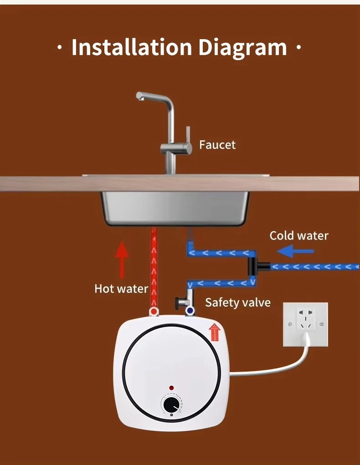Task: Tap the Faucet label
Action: (217, 145)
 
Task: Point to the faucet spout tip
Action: (139, 97)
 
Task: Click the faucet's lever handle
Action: (188, 135)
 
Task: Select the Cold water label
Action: (299, 236)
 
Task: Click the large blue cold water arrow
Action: (296, 251)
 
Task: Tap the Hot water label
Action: (121, 289)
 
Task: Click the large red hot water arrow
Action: (122, 260)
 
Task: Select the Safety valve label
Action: (238, 302)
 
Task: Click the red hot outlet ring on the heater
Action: (154, 312)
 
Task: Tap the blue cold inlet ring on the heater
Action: (190, 312)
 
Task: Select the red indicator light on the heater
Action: (171, 388)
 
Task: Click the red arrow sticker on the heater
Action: (215, 332)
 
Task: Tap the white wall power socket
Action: (305, 324)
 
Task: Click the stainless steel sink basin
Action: (175, 208)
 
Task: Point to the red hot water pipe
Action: (154, 267)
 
